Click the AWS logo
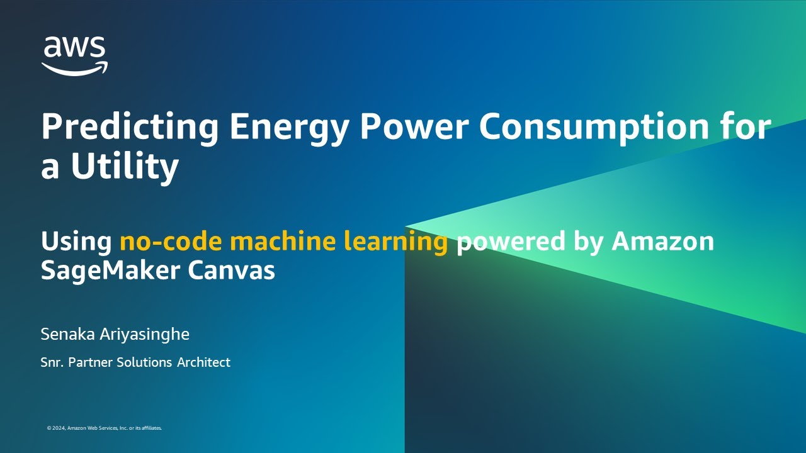click(74, 55)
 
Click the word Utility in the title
click(125, 166)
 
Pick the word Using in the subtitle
click(76, 242)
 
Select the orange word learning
click(395, 242)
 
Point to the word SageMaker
click(107, 271)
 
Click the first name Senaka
click(68, 334)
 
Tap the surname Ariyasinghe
click(144, 334)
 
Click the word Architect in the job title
click(203, 362)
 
